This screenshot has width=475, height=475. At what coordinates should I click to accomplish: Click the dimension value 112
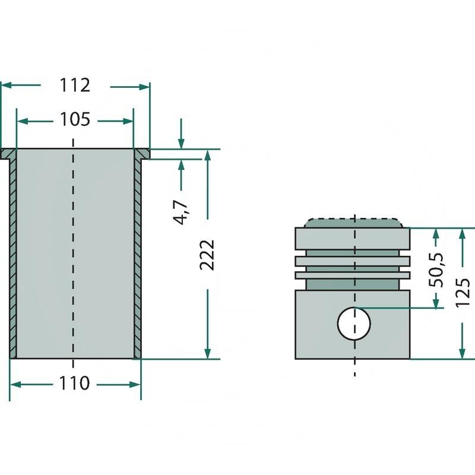(x=75, y=86)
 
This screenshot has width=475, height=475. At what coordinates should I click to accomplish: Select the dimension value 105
(x=75, y=121)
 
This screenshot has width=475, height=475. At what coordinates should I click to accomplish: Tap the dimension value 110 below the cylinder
(x=75, y=384)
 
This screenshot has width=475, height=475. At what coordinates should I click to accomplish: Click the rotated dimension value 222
(x=207, y=255)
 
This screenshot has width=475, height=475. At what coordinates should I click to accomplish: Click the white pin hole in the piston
(x=354, y=323)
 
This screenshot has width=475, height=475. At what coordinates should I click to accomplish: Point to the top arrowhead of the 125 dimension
(x=463, y=233)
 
